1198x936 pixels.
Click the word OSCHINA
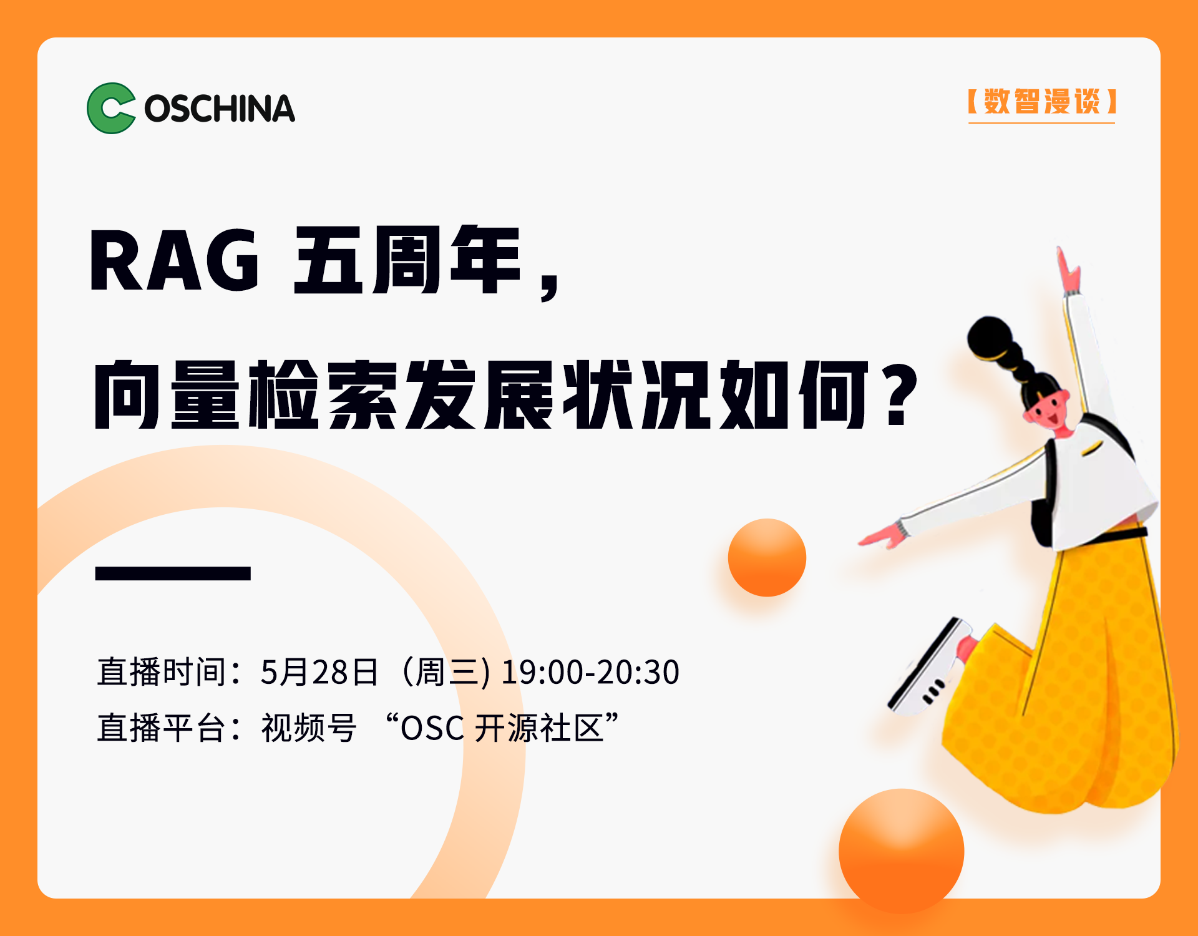click(x=220, y=109)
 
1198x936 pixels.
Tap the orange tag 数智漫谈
click(x=1041, y=102)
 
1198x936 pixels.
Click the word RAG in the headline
click(x=174, y=260)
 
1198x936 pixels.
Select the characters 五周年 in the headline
click(x=407, y=260)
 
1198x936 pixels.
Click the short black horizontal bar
click(x=173, y=573)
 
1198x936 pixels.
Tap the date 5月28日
click(x=319, y=672)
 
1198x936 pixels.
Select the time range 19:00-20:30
click(x=590, y=672)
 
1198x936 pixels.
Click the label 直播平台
click(x=161, y=728)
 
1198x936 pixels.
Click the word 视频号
click(x=309, y=728)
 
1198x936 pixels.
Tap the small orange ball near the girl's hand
click(x=767, y=557)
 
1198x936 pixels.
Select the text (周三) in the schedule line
click(x=444, y=672)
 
